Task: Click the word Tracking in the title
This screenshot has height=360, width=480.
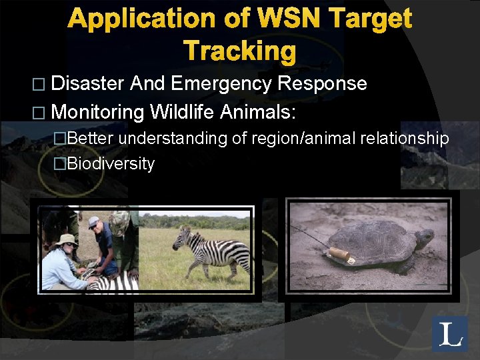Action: [x=239, y=51]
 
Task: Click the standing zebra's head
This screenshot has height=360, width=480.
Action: [x=181, y=238]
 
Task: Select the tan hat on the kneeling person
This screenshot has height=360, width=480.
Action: [x=67, y=240]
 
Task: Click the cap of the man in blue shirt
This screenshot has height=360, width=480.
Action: [x=94, y=222]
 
